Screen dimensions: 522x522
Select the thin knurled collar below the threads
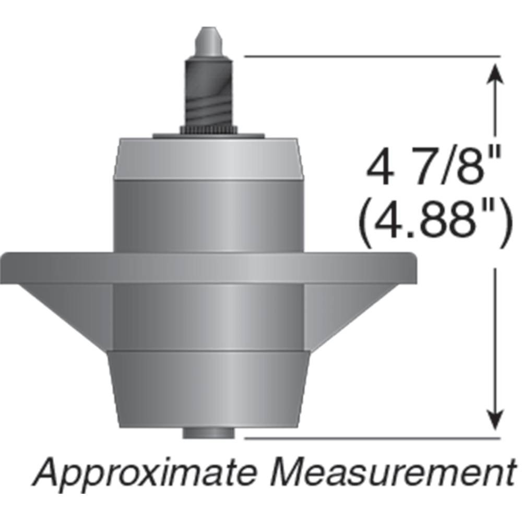point(208,128)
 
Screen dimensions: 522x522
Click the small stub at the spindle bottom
point(208,433)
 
